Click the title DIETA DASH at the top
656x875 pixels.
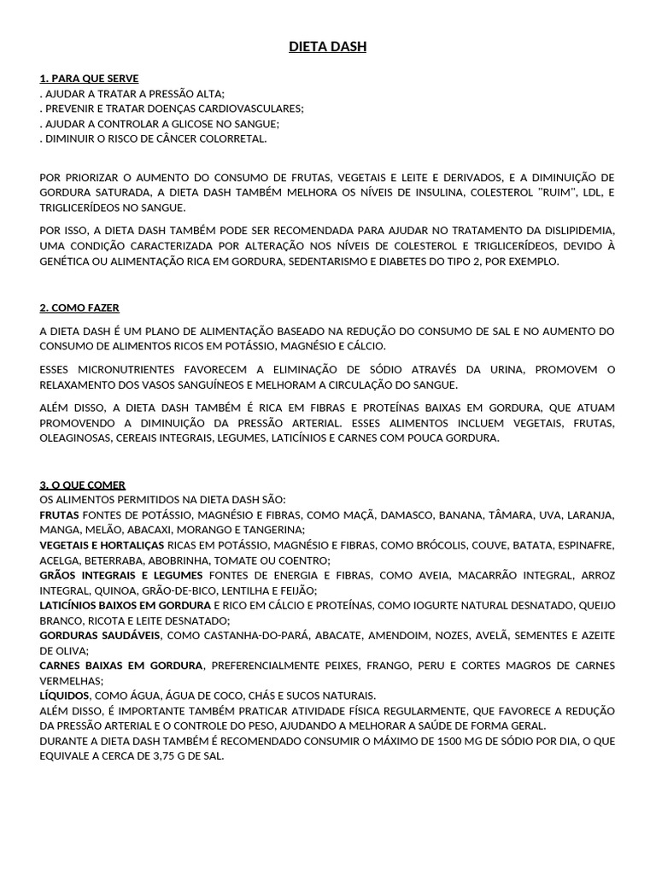[327, 47]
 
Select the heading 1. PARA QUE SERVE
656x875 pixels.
[89, 78]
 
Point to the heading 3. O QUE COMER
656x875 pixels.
[82, 484]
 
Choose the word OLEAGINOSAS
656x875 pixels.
[73, 438]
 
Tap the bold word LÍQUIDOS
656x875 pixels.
[64, 696]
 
